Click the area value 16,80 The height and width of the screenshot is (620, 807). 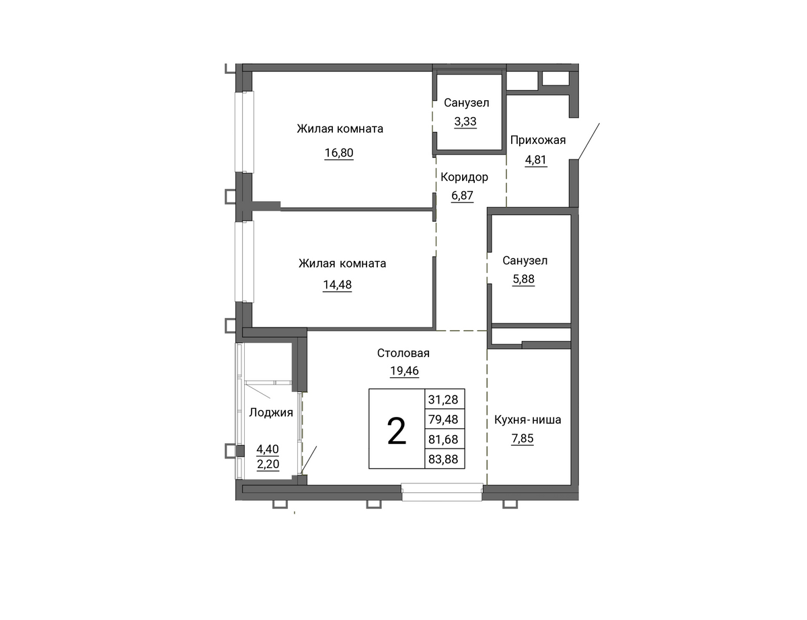339,153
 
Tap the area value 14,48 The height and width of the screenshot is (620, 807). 337,284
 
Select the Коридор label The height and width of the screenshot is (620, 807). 464,177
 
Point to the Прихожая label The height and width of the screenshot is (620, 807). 538,140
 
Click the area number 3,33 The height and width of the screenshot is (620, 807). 465,121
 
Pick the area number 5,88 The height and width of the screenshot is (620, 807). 524,278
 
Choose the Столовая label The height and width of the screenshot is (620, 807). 403,352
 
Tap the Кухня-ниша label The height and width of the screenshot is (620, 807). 528,420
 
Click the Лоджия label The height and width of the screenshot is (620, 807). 271,412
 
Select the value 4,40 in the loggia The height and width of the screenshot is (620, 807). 268,449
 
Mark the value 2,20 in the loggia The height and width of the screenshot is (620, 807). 268,464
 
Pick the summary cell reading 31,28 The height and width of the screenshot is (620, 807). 445,399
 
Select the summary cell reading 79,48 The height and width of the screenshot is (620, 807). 445,419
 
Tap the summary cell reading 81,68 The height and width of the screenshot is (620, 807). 445,439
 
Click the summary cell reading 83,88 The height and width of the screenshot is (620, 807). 445,459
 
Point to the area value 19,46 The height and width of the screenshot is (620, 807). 404,371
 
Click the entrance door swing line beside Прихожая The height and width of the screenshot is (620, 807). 589,141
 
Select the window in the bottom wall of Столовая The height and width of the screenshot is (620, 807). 442,492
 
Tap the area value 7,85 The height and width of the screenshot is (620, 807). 523,438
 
